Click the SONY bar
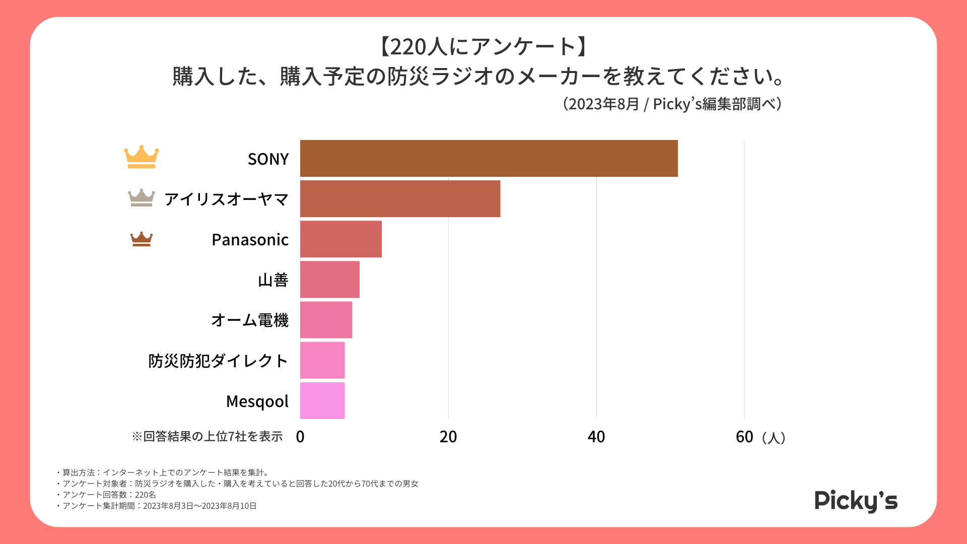pyautogui.click(x=489, y=159)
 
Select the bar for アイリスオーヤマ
pyautogui.click(x=400, y=199)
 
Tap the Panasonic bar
pyautogui.click(x=340, y=239)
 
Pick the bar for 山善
pyautogui.click(x=329, y=280)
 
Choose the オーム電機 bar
pyautogui.click(x=326, y=320)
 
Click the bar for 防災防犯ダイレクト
pyautogui.click(x=322, y=360)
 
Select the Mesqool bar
pyautogui.click(x=322, y=400)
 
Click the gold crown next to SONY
pyautogui.click(x=142, y=157)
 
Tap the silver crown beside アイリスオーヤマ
pyautogui.click(x=142, y=198)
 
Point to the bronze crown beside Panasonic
pyautogui.click(x=142, y=239)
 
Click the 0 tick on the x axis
pyautogui.click(x=300, y=437)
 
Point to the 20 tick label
pyautogui.click(x=448, y=437)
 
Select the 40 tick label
pyautogui.click(x=596, y=437)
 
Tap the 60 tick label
pyautogui.click(x=744, y=437)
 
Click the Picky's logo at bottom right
pyautogui.click(x=856, y=501)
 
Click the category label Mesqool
pyautogui.click(x=257, y=401)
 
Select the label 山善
pyautogui.click(x=273, y=280)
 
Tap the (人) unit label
pyautogui.click(x=774, y=438)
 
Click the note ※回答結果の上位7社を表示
pyautogui.click(x=207, y=437)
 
